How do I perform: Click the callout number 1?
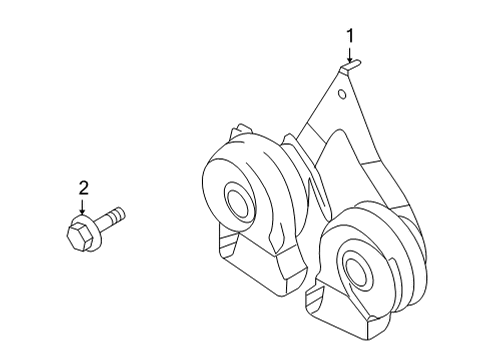pos(351,36)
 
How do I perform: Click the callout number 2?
pos(84,186)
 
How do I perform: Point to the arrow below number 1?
pos(351,58)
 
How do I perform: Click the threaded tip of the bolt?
pos(121,212)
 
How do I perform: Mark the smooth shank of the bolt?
pos(106,219)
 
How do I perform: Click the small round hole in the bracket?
pos(342,96)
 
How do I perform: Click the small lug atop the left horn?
pos(239,132)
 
